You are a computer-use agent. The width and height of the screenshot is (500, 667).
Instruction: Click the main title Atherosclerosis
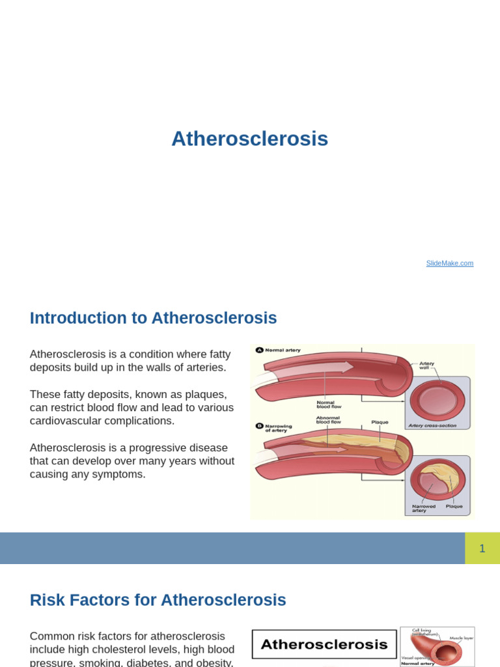(x=249, y=139)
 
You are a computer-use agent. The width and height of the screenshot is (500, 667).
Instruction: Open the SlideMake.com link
(x=450, y=263)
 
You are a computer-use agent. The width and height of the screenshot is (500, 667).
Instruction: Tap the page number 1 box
(x=482, y=548)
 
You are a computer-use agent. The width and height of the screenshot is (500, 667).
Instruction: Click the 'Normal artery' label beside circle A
(x=283, y=350)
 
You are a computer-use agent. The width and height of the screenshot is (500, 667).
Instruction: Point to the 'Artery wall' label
(x=426, y=365)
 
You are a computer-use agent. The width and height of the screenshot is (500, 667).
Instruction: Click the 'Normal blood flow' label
(x=325, y=404)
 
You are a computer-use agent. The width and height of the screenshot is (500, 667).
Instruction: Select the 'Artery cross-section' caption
(x=432, y=425)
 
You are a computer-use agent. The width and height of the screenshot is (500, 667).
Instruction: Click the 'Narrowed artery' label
(x=423, y=508)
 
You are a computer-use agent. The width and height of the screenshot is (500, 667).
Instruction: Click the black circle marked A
(x=259, y=350)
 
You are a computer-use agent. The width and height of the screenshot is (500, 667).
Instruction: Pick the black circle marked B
(x=259, y=426)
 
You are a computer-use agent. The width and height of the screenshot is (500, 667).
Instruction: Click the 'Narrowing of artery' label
(x=279, y=428)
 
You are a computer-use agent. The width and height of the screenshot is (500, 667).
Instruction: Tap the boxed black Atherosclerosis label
(x=324, y=645)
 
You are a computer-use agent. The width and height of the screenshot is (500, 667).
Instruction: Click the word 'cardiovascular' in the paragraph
(x=66, y=421)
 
